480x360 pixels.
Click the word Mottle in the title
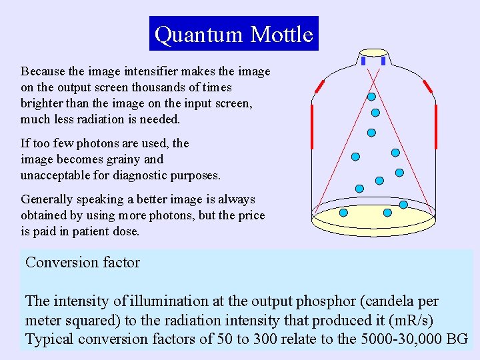tap(282, 34)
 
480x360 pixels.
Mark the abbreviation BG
tap(457, 339)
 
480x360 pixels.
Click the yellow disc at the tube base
tap(373, 217)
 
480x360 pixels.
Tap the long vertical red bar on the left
tap(311, 127)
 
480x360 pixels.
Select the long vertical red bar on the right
tap(435, 127)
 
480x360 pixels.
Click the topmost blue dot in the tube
tap(371, 97)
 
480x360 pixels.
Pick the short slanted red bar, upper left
tap(319, 86)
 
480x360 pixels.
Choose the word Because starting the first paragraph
tap(43, 71)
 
